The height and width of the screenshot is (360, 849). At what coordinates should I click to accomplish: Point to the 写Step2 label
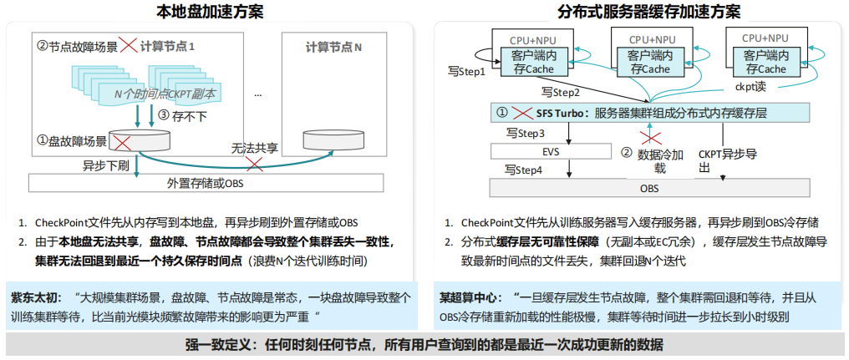pyautogui.click(x=561, y=92)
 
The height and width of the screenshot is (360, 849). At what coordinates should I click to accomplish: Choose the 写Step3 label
pyautogui.click(x=525, y=133)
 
